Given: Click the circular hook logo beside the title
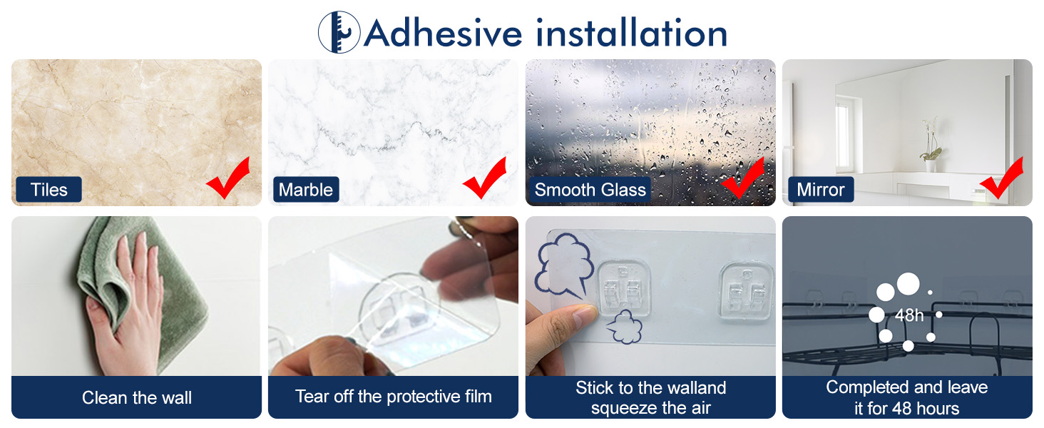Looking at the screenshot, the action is coord(339,32).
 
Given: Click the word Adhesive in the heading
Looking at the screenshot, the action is coord(443,33).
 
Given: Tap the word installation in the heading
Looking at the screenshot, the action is coord(632,33).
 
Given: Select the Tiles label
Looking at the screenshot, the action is coord(49,189).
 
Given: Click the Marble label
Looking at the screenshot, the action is coord(306,189).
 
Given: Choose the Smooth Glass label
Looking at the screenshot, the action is coord(590,189).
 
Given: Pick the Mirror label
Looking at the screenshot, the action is coord(820,189).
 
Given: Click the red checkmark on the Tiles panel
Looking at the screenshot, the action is coord(228,180).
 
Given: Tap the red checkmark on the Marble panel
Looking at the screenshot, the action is coord(485,180).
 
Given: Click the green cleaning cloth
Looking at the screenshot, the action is coord(140,289).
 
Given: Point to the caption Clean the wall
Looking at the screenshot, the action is coord(136,398).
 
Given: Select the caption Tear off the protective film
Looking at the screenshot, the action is coord(394,397).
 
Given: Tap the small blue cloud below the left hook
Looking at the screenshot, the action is coord(625,327).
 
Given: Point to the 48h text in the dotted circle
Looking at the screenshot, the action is coord(909,315).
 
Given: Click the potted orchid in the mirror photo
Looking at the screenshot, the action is coord(931,145).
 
